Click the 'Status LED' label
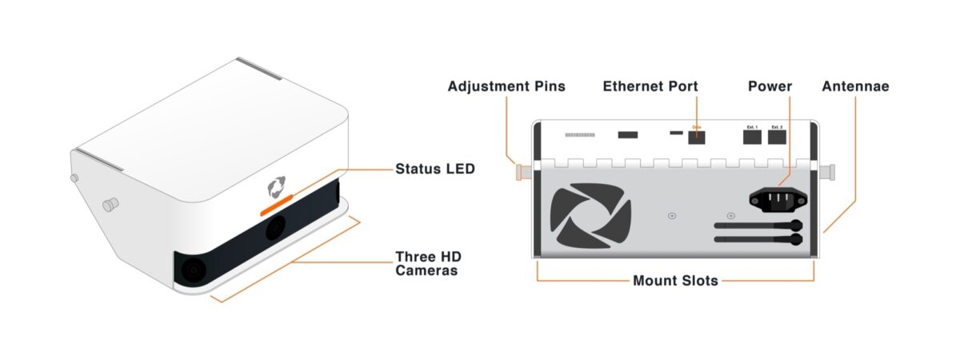(x=435, y=169)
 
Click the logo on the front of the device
(x=276, y=187)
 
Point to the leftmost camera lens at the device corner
(x=193, y=270)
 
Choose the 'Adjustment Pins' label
(x=506, y=86)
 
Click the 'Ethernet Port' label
(x=650, y=86)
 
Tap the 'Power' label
(x=770, y=86)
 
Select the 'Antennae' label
(x=855, y=86)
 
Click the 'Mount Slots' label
(x=674, y=281)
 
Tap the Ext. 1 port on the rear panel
(x=752, y=137)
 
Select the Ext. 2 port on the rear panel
(x=777, y=137)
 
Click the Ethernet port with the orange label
(x=697, y=136)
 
